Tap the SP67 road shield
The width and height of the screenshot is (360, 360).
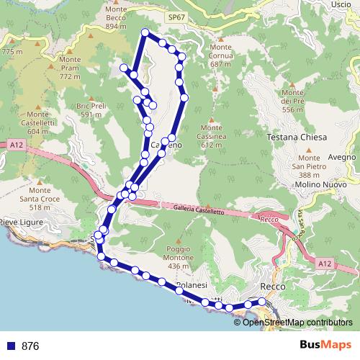click(x=175, y=16)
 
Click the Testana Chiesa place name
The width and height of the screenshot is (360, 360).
click(x=297, y=138)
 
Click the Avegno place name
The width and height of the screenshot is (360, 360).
click(x=342, y=157)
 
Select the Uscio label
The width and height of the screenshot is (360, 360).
click(x=341, y=4)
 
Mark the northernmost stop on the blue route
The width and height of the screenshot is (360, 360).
click(x=145, y=32)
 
